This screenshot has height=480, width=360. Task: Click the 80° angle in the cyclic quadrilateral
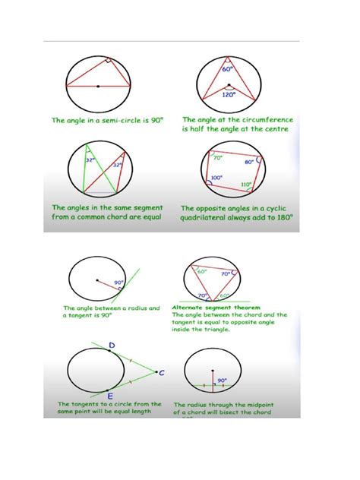(x=249, y=162)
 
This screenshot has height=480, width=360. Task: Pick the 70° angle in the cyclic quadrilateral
(x=217, y=157)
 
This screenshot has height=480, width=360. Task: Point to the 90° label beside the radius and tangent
(x=118, y=282)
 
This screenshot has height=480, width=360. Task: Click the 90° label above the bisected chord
(x=223, y=381)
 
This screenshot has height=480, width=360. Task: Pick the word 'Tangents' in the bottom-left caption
(x=84, y=404)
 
